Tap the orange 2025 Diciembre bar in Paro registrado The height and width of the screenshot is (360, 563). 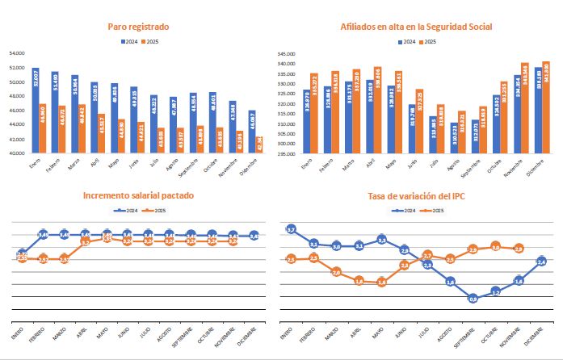260,144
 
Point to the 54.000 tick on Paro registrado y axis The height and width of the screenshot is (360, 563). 16,54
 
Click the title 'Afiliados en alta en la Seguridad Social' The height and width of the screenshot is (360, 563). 418,27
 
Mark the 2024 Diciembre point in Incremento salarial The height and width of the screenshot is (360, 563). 254,236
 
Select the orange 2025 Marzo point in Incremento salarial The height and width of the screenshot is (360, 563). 65,258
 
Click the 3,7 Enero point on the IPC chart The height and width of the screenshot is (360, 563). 291,229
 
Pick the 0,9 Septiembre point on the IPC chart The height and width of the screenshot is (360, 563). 474,298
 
